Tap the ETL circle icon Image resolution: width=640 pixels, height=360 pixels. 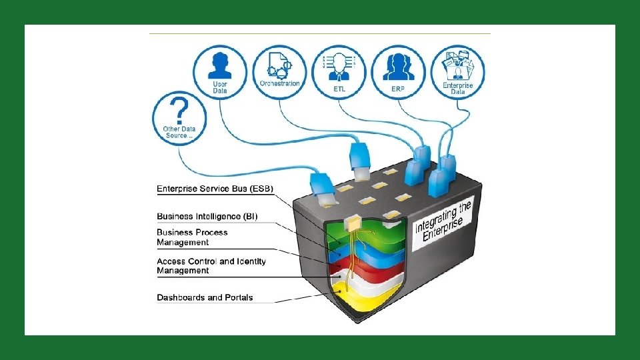(x=339, y=72)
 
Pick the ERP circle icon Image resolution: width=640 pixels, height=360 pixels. (x=399, y=72)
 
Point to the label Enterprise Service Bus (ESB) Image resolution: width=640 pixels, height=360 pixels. (x=215, y=189)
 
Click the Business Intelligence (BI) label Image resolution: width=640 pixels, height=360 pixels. (x=207, y=216)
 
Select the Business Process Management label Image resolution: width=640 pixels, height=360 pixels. (x=192, y=237)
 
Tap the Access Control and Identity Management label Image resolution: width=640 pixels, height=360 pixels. (x=211, y=265)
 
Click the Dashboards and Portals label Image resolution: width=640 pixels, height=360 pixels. (x=205, y=297)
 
